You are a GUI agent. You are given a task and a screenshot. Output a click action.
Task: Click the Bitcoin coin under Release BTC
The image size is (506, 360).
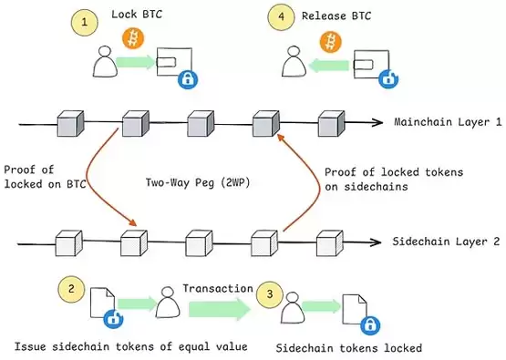coord(328,41)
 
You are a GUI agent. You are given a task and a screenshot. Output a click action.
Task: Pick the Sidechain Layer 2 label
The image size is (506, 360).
coord(442,243)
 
